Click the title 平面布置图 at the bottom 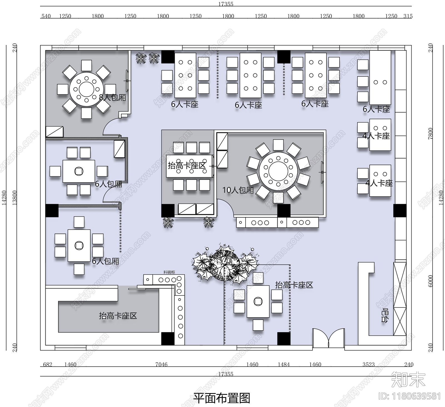pyautogui.click(x=222, y=398)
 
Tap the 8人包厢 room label pyautogui.click(x=112, y=98)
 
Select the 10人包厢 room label pyautogui.click(x=238, y=190)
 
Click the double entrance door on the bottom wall pyautogui.click(x=328, y=338)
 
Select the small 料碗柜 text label pyautogui.click(x=169, y=272)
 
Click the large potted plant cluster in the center pyautogui.click(x=225, y=264)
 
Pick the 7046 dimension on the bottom pyautogui.click(x=161, y=364)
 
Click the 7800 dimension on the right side pyautogui.click(x=431, y=133)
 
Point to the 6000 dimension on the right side pyautogui.click(x=431, y=281)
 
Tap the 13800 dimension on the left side pyautogui.click(x=15, y=198)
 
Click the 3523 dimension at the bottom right pyautogui.click(x=369, y=364)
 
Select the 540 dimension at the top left pyautogui.click(x=46, y=16)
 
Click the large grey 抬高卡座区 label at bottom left pyautogui.click(x=118, y=316)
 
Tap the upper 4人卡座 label pyautogui.click(x=376, y=136)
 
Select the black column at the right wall pyautogui.click(x=400, y=210)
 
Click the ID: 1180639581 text pyautogui.click(x=410, y=396)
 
